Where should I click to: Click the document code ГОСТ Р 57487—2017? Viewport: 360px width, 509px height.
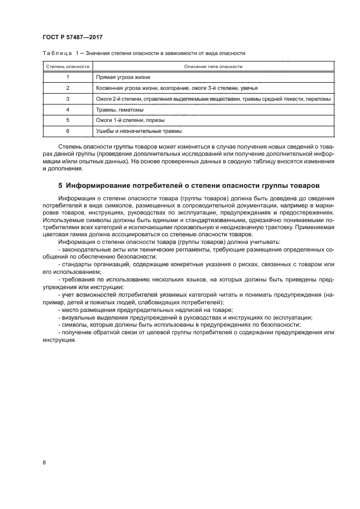[x=73, y=37]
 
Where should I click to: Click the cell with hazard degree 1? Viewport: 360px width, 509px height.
[x=67, y=77]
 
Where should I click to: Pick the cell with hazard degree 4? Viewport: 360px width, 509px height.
[x=67, y=109]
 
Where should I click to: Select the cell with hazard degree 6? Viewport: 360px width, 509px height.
[x=67, y=131]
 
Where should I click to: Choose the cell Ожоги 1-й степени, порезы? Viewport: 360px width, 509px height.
[x=130, y=120]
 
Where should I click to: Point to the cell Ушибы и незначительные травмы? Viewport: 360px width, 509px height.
[x=138, y=131]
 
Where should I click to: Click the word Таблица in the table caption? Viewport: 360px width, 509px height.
[x=56, y=53]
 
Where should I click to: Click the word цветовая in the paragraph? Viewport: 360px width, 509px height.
[x=54, y=234]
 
